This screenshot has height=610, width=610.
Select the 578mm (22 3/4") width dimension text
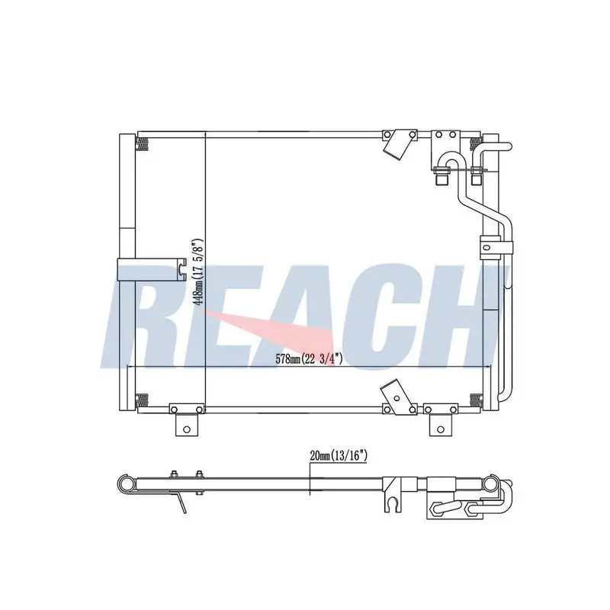coord(310,358)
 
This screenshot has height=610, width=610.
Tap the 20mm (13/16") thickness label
coord(339,456)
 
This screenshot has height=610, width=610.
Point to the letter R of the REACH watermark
coord(152,317)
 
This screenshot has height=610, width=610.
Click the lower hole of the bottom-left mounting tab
coord(187,429)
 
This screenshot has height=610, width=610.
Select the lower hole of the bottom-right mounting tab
coord(441,429)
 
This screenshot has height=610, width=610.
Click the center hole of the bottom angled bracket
coord(396,398)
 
